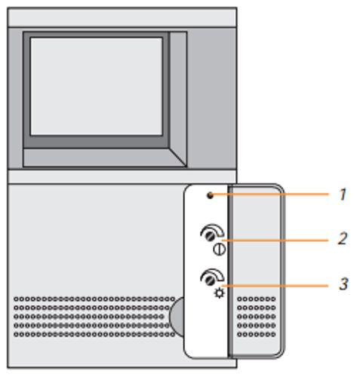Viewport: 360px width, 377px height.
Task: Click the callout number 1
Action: coord(343,195)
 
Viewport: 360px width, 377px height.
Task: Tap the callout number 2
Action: coord(343,238)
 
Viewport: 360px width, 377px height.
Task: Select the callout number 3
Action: coord(343,284)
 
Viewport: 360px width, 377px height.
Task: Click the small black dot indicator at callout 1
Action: coord(211,195)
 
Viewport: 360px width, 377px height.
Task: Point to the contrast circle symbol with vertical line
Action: coord(220,250)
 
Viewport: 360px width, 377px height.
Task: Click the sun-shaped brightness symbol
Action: coord(219,293)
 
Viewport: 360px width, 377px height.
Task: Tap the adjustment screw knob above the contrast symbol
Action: coord(209,237)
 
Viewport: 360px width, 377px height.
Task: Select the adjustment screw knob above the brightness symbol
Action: coord(209,280)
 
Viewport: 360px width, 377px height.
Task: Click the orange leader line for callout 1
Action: coord(270,195)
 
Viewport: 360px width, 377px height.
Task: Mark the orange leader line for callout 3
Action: coord(275,286)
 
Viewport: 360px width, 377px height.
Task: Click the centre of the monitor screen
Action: coord(97,87)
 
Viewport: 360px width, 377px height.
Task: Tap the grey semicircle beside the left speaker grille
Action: coord(177,317)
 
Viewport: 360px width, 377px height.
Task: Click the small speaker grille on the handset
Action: coord(257,317)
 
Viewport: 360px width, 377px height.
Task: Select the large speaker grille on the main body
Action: coord(94,317)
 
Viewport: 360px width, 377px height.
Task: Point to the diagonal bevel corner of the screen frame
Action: coord(177,157)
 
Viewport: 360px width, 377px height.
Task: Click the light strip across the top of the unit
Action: coord(122,17)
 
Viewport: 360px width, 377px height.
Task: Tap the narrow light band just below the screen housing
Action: coord(122,177)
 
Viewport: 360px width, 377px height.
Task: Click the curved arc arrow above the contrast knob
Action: coord(213,230)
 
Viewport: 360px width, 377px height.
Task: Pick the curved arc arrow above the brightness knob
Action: coord(213,274)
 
